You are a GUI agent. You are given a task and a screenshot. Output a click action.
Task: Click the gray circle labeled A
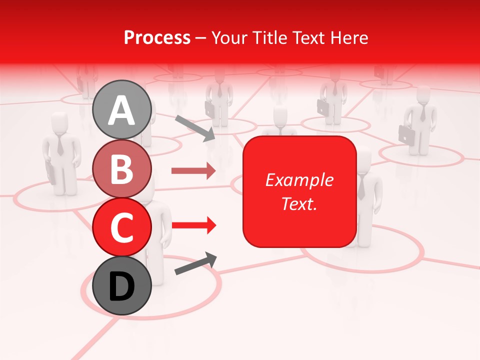coord(122,109)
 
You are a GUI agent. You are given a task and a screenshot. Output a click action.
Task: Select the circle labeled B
coord(122,168)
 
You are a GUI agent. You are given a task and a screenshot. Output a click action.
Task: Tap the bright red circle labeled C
coord(122,227)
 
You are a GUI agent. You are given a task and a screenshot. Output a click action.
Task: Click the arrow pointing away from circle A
coord(195,128)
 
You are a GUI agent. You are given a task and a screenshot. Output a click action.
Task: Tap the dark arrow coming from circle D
coord(195,263)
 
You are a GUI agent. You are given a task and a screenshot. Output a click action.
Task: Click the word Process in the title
coord(157,37)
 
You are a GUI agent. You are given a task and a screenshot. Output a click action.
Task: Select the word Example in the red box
coord(299,180)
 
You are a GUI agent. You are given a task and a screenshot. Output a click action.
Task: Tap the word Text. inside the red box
coord(299,203)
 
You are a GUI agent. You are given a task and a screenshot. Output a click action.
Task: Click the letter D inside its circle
coord(122,286)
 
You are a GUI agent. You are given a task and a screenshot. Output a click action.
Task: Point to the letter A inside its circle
coord(122,110)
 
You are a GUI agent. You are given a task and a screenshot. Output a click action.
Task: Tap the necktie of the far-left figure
coord(60,144)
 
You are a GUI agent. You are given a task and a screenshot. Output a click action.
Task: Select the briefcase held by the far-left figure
coord(51,172)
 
